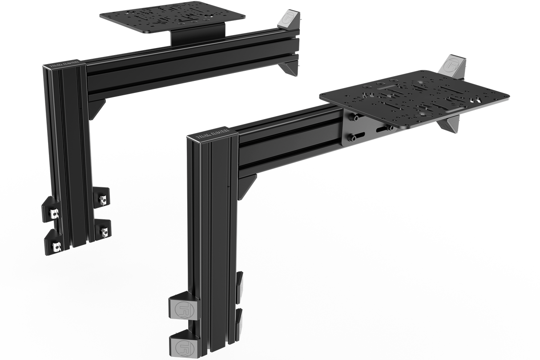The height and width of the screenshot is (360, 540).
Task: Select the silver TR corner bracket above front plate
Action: [x=451, y=65]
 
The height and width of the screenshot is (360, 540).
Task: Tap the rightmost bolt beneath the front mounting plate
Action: [x=390, y=128]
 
